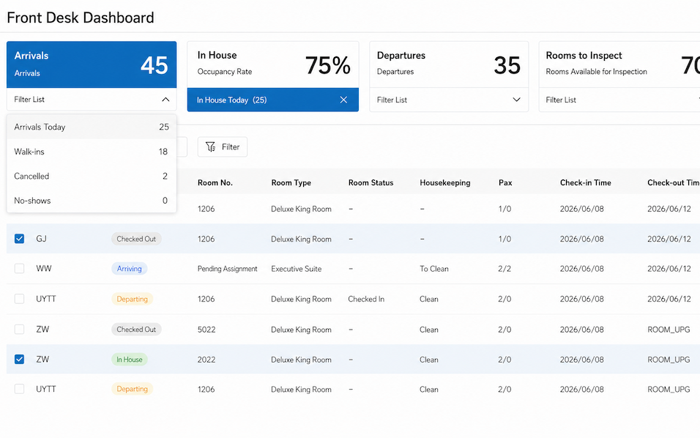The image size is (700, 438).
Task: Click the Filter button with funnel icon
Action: coord(223,147)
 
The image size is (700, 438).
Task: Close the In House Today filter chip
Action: coord(343,100)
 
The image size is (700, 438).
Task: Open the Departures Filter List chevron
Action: coord(516,100)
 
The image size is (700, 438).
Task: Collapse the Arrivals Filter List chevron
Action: coord(165,100)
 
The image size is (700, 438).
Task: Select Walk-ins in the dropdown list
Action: coord(92,152)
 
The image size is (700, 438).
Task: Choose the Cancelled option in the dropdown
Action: coord(92,177)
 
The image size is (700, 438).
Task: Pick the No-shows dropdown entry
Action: coord(92,201)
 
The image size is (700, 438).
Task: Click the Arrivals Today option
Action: coord(92,127)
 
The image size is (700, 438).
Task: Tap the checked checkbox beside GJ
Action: coord(19,239)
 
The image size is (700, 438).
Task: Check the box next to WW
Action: coord(19,268)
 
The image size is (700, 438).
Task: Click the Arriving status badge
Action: coord(130,268)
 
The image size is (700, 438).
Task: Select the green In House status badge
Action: coord(130,360)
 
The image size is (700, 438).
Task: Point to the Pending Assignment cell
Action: coord(227,269)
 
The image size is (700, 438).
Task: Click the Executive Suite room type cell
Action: coord(296,269)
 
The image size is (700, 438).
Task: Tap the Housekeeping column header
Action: coord(444,182)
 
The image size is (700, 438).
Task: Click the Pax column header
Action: coord(505,182)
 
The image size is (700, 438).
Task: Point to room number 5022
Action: coord(206,330)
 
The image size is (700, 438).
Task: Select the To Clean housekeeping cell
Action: coord(434,269)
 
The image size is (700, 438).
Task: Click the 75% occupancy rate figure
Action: coord(328,65)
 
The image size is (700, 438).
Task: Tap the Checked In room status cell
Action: coord(366,299)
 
